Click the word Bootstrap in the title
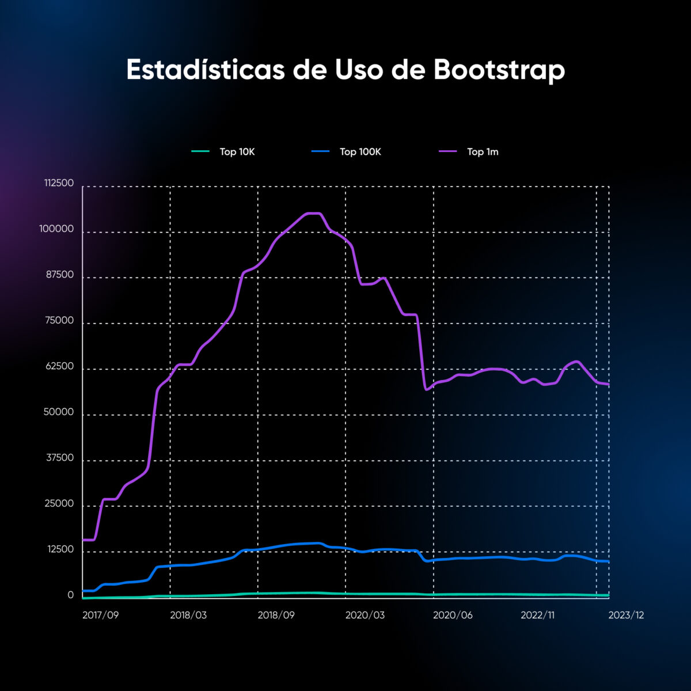[499, 70]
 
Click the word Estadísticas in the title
[206, 70]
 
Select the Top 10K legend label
[237, 152]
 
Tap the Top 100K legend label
[360, 152]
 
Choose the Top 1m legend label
[483, 152]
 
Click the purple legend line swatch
[448, 151]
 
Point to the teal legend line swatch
[200, 151]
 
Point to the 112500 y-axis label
[59, 183]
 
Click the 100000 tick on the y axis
[56, 229]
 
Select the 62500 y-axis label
[59, 366]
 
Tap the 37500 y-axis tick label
[59, 458]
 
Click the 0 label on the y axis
[70, 595]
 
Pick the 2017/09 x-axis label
[100, 615]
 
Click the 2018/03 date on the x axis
[188, 615]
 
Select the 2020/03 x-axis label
[365, 615]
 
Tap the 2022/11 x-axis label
[537, 615]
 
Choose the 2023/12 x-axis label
[626, 615]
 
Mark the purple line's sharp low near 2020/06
[426, 390]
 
